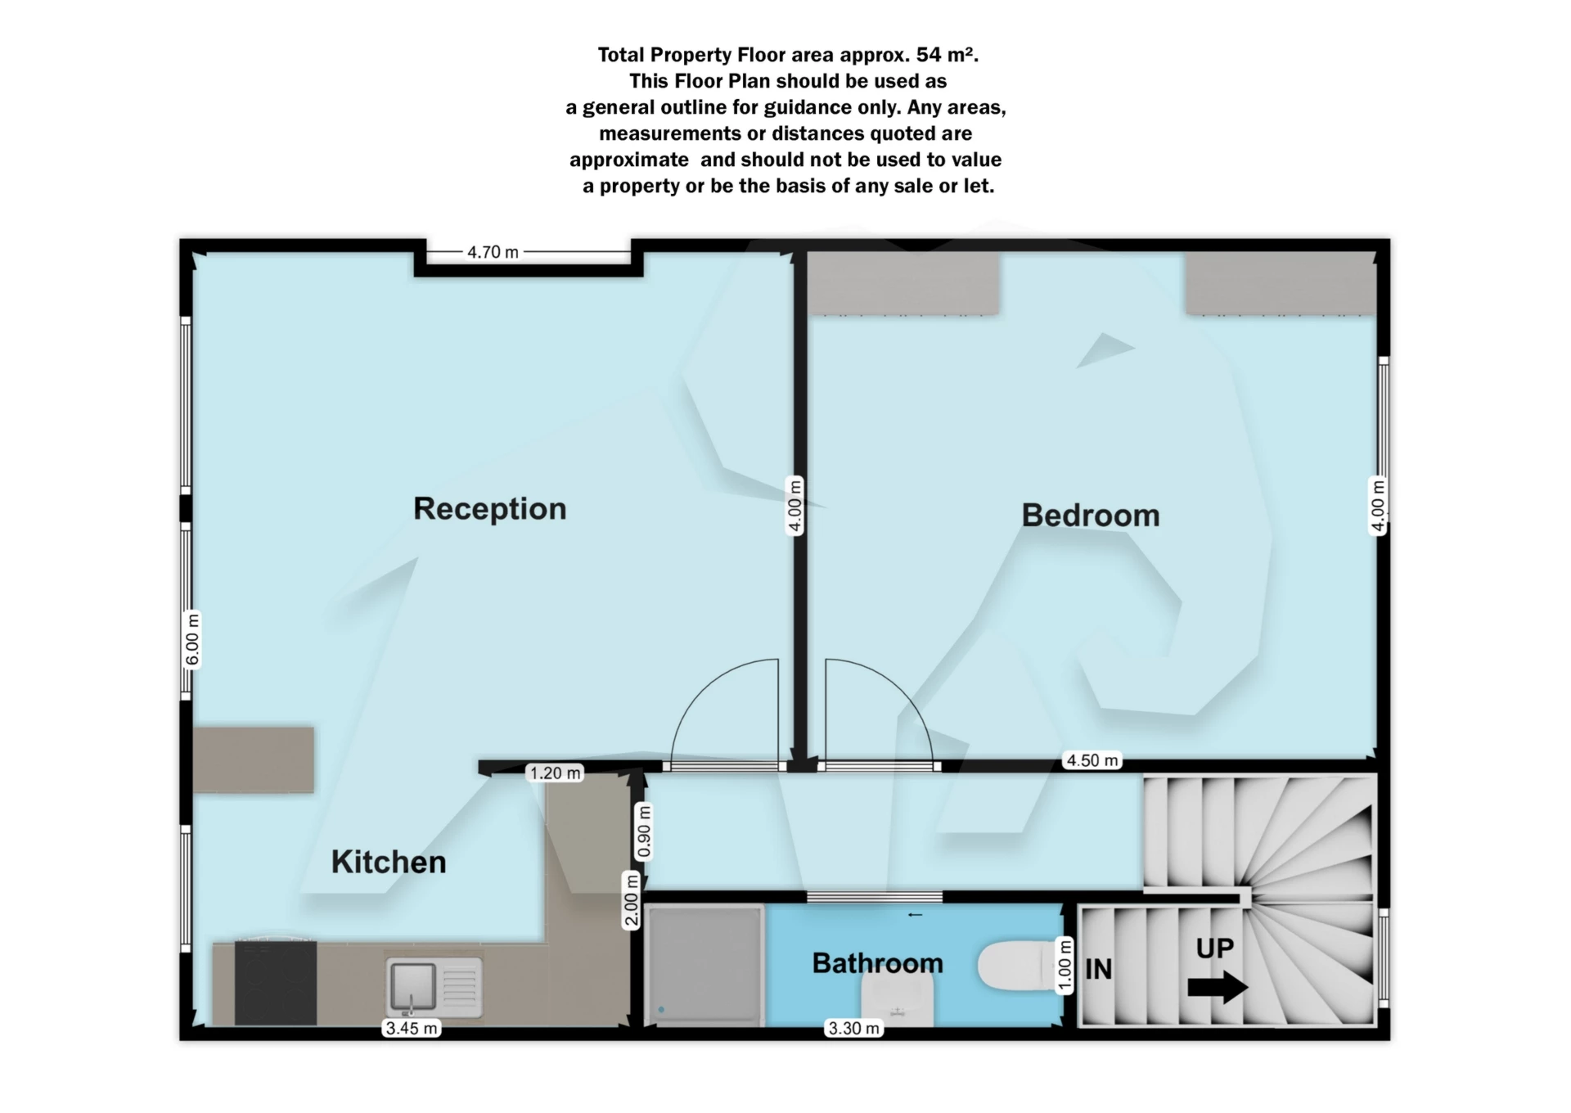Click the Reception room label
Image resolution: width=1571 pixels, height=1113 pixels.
tap(489, 509)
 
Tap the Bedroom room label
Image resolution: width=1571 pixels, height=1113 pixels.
tap(1091, 516)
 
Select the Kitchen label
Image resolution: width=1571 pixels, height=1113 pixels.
tap(389, 863)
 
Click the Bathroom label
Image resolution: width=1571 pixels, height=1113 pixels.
tap(877, 963)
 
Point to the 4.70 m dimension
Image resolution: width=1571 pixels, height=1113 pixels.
tap(493, 252)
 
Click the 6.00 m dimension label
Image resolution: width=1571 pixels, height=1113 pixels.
tap(192, 639)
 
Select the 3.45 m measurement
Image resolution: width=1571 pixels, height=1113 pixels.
tap(412, 1028)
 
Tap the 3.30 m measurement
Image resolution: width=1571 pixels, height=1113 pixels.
tap(854, 1028)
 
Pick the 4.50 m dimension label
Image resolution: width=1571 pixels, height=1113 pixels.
tap(1092, 760)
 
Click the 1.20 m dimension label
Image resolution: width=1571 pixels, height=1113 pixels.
tap(555, 773)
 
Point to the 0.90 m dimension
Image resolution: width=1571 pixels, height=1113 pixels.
tap(645, 831)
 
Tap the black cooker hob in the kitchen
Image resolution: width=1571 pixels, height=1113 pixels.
tap(275, 982)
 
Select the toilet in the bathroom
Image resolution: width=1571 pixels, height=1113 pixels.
tap(1015, 966)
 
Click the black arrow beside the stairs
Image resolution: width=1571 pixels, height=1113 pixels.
tap(1218, 987)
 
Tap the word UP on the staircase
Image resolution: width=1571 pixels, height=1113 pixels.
tap(1214, 948)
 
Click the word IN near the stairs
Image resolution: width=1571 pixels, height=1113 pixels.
tap(1098, 970)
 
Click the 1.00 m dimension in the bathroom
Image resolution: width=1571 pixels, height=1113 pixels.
tap(1065, 966)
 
